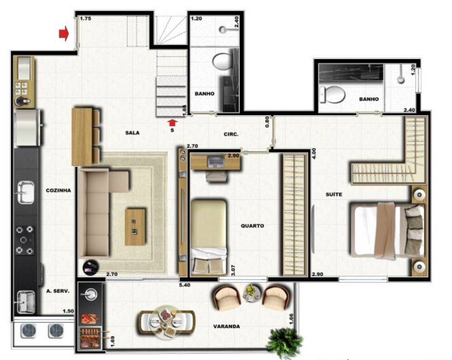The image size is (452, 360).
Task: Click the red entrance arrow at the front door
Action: point(64,33)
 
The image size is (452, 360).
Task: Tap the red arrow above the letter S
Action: point(172,122)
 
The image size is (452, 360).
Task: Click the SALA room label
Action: point(132,133)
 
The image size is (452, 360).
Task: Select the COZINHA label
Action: point(58,191)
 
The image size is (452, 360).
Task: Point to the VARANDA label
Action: point(226,326)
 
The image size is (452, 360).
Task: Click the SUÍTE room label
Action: point(334,194)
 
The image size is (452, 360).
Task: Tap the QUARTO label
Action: point(252,226)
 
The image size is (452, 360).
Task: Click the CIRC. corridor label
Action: point(231,134)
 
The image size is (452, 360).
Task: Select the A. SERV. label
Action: point(57,291)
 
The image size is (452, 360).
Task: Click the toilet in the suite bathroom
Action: point(333,94)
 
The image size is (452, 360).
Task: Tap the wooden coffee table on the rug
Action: point(135,227)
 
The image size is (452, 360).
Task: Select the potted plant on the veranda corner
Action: point(285,342)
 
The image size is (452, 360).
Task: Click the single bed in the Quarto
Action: point(208,237)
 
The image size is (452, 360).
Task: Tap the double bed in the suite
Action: point(388,230)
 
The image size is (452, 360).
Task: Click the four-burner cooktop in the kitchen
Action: point(25,240)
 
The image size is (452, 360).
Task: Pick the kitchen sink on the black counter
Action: point(25,193)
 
